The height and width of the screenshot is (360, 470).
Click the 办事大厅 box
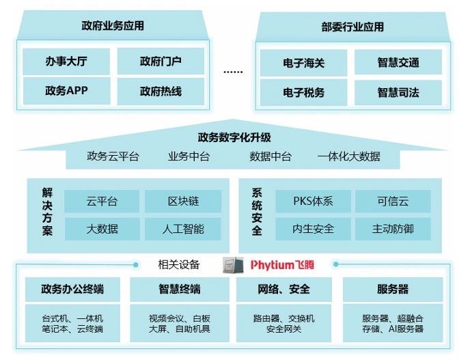[66, 61]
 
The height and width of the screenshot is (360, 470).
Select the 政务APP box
[66, 90]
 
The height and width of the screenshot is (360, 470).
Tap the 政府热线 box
[161, 90]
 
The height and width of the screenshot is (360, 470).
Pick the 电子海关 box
[303, 63]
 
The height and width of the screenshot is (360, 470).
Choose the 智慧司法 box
[398, 92]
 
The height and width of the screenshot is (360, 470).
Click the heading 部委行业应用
[352, 27]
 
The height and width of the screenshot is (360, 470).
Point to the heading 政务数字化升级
[234, 137]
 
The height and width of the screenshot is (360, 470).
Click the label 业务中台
[189, 156]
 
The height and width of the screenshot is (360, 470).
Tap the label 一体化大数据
[348, 156]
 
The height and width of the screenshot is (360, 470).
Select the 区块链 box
[183, 202]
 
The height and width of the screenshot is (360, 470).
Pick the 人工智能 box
[183, 229]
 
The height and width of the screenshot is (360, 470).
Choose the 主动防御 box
[393, 229]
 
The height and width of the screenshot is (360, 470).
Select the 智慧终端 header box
[180, 289]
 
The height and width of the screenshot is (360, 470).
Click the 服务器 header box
[392, 289]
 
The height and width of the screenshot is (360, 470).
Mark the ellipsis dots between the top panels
[233, 71]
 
